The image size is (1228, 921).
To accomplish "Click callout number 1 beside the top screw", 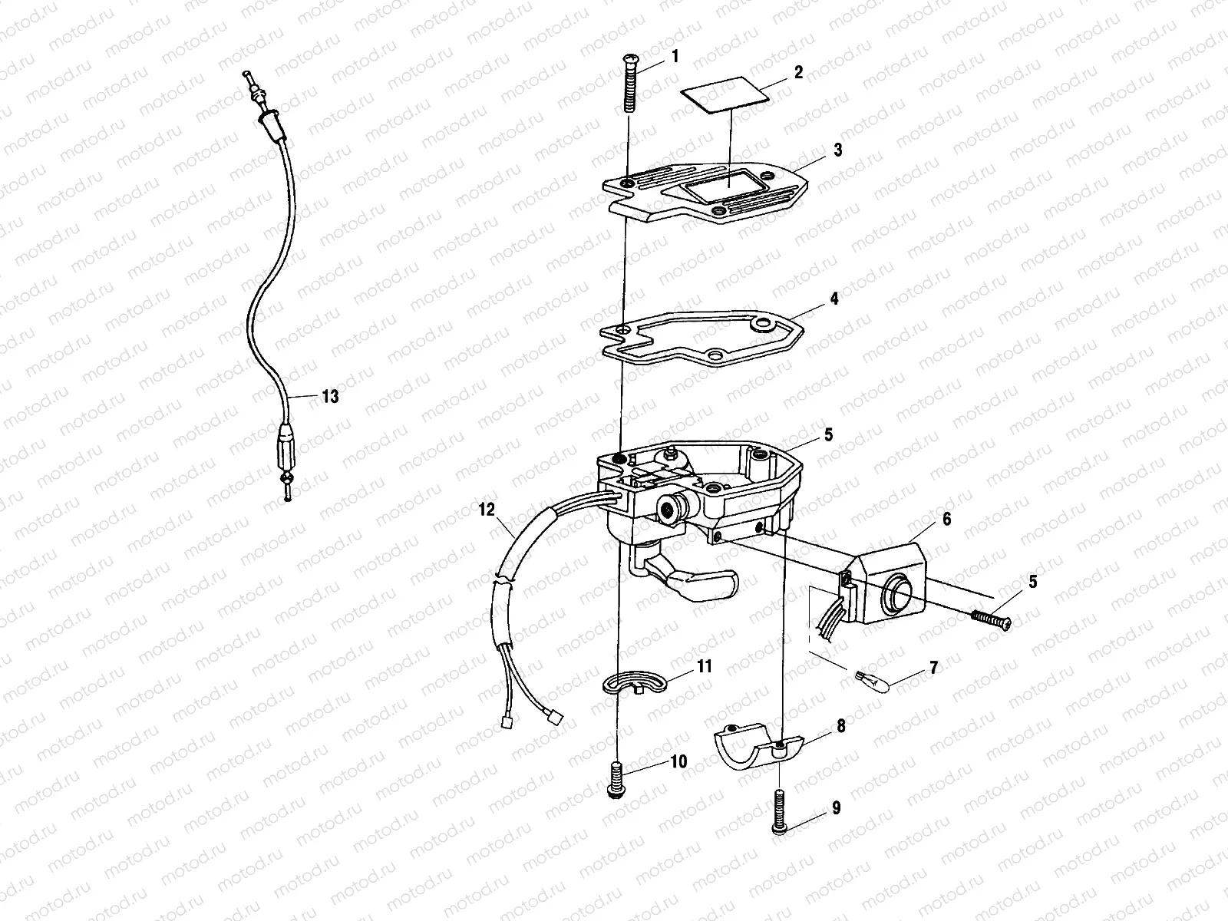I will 675,56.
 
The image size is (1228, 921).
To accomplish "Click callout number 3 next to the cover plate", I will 837,150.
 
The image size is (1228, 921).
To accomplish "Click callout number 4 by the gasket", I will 834,299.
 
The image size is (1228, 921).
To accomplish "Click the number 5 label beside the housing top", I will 827,435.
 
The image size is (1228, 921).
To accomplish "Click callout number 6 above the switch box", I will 946,520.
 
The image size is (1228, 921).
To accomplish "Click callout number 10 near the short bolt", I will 680,761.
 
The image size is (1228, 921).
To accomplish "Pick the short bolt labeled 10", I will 615,780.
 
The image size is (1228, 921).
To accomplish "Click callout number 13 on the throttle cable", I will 329,397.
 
